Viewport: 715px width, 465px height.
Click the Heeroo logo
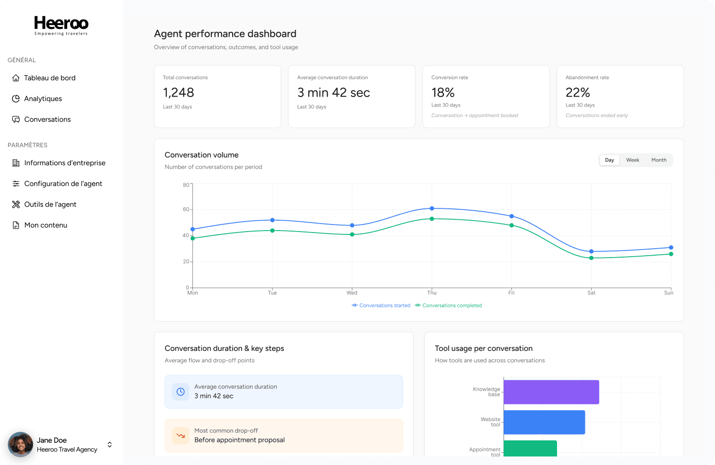coord(61,26)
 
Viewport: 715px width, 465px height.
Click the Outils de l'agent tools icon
coord(16,205)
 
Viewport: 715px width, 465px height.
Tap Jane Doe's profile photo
coord(20,445)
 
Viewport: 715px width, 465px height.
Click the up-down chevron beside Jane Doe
coord(110,445)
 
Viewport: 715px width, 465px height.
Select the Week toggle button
coord(632,160)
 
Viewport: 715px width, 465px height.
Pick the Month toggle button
coord(659,160)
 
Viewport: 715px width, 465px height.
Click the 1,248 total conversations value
coord(178,93)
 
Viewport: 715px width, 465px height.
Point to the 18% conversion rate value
coord(443,93)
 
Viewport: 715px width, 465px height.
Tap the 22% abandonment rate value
coord(578,93)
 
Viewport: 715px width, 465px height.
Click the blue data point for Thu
coord(432,208)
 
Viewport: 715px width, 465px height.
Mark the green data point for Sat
coord(592,258)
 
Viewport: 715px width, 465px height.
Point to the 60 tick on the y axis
coord(186,210)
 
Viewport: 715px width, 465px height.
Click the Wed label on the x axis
coord(352,293)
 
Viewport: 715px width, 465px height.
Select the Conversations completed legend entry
coord(448,305)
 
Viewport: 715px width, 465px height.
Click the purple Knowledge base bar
coord(551,392)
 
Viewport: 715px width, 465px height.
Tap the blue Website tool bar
coord(544,422)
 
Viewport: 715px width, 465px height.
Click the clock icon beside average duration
coord(181,392)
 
